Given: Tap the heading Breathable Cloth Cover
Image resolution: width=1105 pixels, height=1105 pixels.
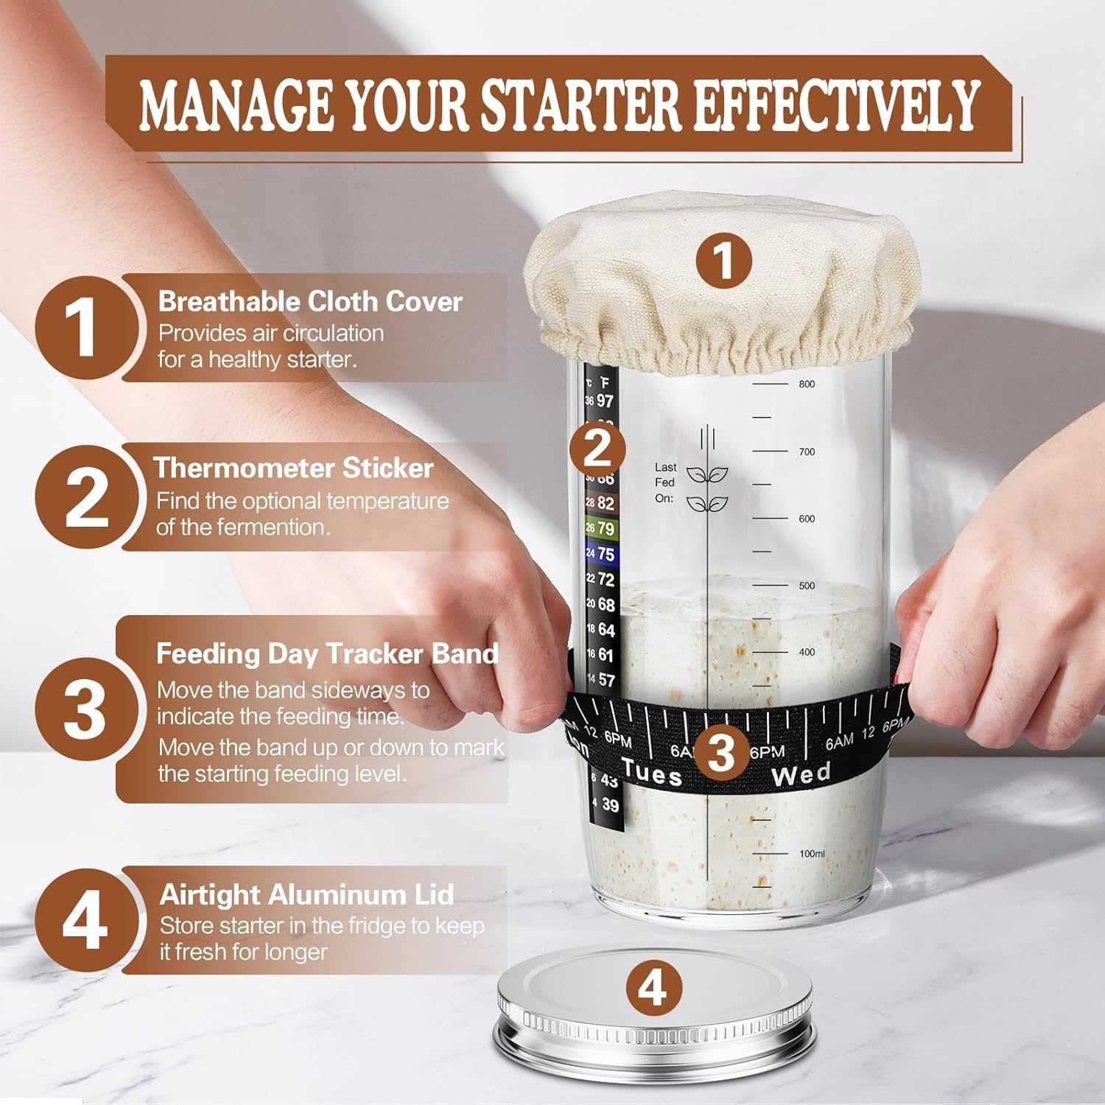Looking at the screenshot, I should pyautogui.click(x=309, y=301).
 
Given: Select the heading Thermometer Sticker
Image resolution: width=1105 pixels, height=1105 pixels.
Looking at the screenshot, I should pyautogui.click(x=293, y=468).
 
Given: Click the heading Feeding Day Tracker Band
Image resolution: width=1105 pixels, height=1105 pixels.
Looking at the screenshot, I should pyautogui.click(x=327, y=653).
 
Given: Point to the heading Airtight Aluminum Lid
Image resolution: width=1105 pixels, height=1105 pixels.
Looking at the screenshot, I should pyautogui.click(x=306, y=894).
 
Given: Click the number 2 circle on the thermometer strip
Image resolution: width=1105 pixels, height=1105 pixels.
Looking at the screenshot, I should pyautogui.click(x=597, y=447).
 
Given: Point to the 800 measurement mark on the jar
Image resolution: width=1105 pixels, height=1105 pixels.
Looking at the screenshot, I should pyautogui.click(x=807, y=384).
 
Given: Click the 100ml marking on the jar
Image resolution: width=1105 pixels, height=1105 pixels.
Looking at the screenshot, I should pyautogui.click(x=811, y=854).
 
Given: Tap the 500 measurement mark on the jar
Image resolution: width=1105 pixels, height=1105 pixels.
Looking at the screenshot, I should pyautogui.click(x=807, y=586).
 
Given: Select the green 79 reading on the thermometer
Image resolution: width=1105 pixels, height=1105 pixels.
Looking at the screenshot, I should pyautogui.click(x=605, y=528).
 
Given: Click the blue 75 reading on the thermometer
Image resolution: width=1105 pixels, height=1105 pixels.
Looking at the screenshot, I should pyautogui.click(x=605, y=554).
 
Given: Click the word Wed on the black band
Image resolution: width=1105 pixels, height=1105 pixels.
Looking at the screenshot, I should pyautogui.click(x=801, y=773).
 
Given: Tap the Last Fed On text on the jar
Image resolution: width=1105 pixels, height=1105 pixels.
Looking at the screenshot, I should pyautogui.click(x=665, y=483).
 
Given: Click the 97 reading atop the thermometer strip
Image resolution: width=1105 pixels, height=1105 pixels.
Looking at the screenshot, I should pyautogui.click(x=604, y=401).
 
